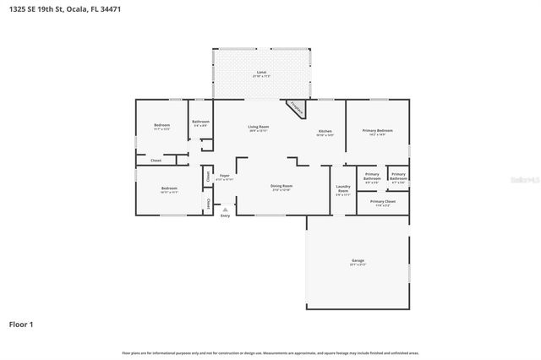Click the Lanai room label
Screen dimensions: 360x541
pyautogui.click(x=261, y=73)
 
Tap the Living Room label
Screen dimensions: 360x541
pyautogui.click(x=258, y=127)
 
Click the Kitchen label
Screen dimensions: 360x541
pyautogui.click(x=325, y=131)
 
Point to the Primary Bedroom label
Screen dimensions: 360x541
pyautogui.click(x=377, y=130)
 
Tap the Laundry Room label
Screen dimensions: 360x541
pyautogui.click(x=343, y=188)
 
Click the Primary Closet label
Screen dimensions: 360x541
pyautogui.click(x=383, y=202)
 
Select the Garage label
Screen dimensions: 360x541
pyautogui.click(x=358, y=259)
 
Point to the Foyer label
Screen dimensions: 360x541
pyautogui.click(x=224, y=176)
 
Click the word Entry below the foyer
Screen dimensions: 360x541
pyautogui.click(x=225, y=216)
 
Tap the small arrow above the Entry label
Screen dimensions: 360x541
pyautogui.click(x=225, y=209)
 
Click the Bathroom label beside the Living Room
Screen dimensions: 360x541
pyautogui.click(x=200, y=122)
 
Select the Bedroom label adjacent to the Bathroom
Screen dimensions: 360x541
pyautogui.click(x=161, y=125)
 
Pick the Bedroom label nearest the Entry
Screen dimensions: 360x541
pyautogui.click(x=169, y=188)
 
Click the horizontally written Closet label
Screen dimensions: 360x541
pyautogui.click(x=156, y=160)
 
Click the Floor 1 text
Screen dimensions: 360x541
pyautogui.click(x=21, y=324)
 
